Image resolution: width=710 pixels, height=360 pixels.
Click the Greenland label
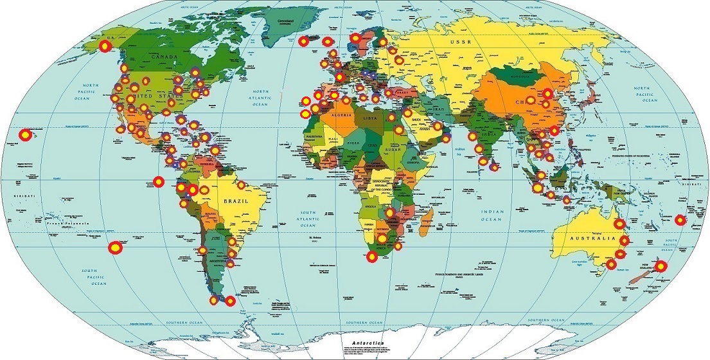(285, 21)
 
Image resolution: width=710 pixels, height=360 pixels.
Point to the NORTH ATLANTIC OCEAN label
(260, 98)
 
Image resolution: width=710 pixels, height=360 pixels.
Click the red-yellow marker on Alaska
(105, 46)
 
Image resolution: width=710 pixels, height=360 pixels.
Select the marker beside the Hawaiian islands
(24, 135)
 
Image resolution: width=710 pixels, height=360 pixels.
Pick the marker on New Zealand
(661, 266)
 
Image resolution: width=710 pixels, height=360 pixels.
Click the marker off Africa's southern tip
(371, 257)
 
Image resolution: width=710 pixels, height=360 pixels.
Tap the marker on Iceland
(304, 42)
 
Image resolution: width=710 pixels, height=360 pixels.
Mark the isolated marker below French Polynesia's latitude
(114, 246)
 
